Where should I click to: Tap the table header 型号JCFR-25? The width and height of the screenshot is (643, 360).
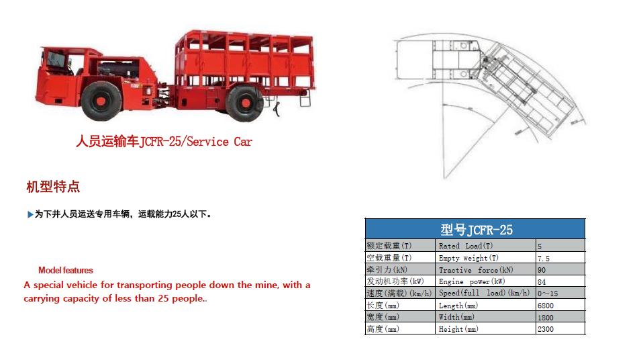(475, 230)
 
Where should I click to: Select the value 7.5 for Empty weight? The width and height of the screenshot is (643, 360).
(544, 258)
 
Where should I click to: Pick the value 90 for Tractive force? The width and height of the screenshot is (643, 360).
(542, 270)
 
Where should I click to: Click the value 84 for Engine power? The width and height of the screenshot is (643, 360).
(542, 282)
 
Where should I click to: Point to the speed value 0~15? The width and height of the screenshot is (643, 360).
(548, 294)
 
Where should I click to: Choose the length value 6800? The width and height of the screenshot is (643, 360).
(546, 306)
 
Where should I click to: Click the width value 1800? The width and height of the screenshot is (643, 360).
(546, 317)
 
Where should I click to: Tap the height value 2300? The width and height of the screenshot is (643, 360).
(546, 329)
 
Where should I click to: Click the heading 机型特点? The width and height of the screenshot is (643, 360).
(53, 186)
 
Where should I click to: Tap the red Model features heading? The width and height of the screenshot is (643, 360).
(66, 271)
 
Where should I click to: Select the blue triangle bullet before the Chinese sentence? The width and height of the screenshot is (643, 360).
(30, 214)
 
